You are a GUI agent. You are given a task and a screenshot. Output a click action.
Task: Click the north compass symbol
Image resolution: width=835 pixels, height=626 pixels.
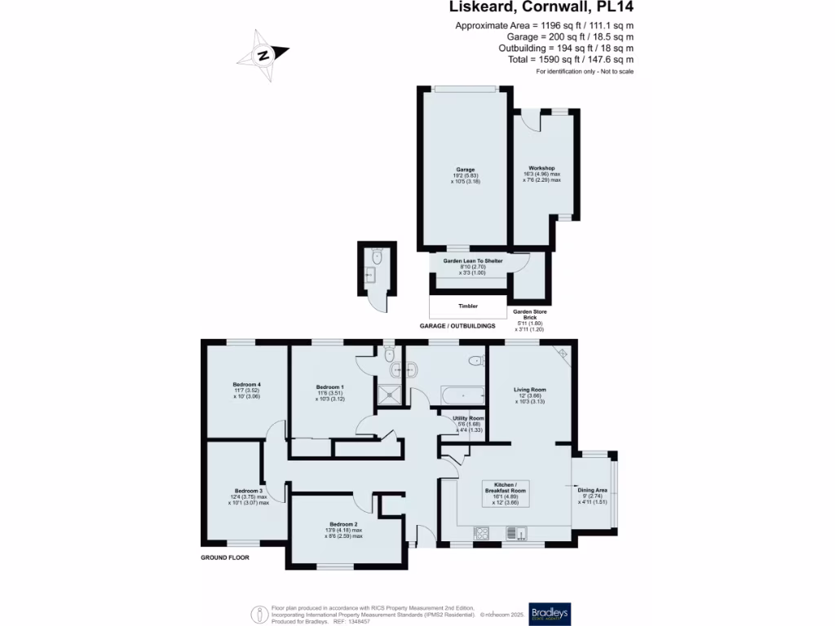pos(263,55)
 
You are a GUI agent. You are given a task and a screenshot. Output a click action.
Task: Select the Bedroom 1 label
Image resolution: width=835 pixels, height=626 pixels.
pos(329,392)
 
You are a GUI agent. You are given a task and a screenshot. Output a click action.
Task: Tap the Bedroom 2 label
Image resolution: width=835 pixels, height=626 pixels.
pos(343,530)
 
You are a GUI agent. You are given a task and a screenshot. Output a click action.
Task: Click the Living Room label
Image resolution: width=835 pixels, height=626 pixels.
pos(530,395)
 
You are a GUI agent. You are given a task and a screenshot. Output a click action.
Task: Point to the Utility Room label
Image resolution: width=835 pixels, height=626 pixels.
pos(468,424)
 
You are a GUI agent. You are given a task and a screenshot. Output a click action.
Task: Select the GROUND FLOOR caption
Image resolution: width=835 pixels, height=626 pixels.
pos(225,558)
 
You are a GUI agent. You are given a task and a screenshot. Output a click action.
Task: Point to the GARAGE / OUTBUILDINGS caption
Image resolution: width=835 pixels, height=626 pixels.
pos(457,326)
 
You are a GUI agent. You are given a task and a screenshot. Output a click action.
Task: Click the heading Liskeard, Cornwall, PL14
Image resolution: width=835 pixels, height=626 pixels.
pos(541,7)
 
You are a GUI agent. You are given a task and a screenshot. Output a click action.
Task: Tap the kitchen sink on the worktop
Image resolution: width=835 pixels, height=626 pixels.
pos(517,534)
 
